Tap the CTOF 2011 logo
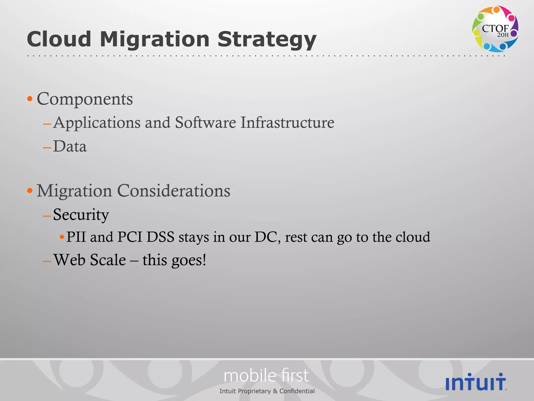point(495,28)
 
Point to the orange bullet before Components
point(30,99)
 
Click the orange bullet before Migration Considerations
point(30,191)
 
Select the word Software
point(205,122)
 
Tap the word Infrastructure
point(287,122)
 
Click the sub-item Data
point(70,146)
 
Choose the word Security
point(81,215)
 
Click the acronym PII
point(76,237)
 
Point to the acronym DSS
point(160,237)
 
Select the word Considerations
point(174,191)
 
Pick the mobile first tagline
point(266,376)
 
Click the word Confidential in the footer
point(297,391)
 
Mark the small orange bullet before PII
point(62,237)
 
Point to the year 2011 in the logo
point(502,35)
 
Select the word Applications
point(97,123)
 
